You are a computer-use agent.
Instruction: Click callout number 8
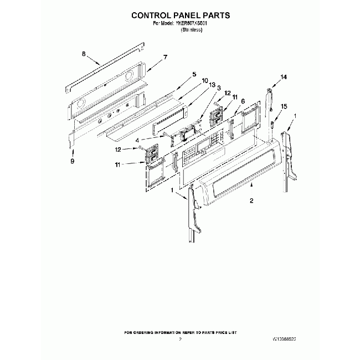[84, 54]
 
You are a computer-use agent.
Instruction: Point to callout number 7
[164, 58]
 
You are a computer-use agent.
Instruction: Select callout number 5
[194, 74]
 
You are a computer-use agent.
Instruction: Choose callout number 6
[243, 101]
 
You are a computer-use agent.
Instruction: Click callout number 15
[284, 106]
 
